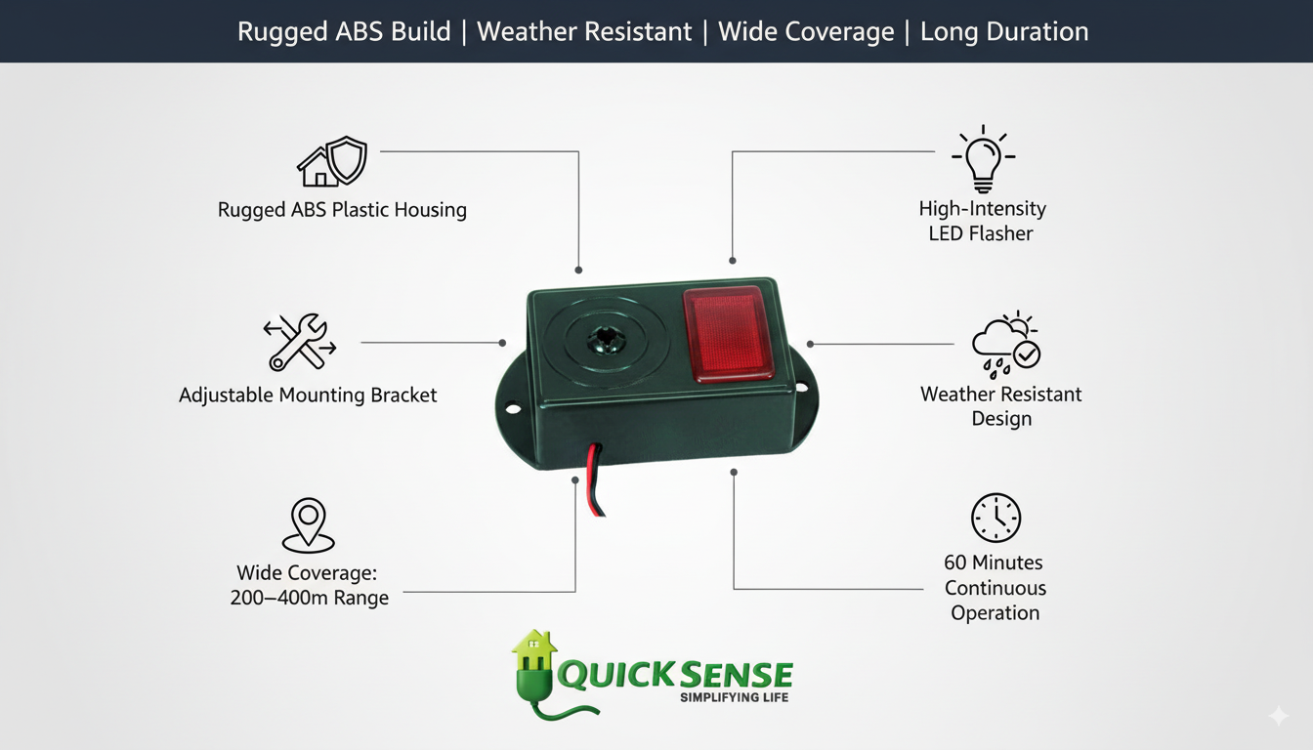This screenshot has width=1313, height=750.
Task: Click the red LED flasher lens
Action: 728,333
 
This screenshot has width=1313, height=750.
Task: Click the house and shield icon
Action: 332,162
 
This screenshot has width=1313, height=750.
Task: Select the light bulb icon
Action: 983,160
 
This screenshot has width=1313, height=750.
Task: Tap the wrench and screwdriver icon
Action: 300,342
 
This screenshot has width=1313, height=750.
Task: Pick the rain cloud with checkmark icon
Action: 1005,345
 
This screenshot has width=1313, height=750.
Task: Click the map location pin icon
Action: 309,525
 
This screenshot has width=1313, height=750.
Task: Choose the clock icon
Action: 995,518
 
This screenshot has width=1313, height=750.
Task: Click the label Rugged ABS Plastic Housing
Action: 342,210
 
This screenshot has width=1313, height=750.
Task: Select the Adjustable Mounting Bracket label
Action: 308,396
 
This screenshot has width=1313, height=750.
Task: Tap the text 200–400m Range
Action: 309,598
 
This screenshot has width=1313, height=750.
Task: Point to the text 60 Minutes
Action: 994,562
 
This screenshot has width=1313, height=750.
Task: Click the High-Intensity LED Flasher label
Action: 982,221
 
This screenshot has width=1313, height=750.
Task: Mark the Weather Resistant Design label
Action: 1001,406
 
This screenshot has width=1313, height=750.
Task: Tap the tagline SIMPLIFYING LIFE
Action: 734,697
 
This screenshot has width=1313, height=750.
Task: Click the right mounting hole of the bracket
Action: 801,388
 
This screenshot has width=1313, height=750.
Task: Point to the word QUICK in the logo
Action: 614,674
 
